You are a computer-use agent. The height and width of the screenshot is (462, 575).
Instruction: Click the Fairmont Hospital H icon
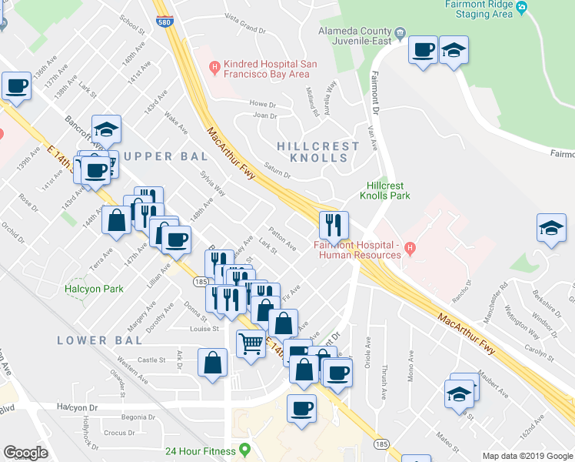tap(410, 248)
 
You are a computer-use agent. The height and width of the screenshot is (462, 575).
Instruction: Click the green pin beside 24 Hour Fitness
tap(245, 449)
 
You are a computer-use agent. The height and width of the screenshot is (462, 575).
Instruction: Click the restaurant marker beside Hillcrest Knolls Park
tap(334, 224)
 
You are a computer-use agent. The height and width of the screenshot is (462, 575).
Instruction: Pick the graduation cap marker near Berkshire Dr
tap(550, 228)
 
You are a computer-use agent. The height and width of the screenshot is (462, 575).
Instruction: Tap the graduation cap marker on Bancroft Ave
tap(107, 129)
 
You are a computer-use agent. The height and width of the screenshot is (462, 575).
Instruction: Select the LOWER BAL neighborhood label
tap(99, 340)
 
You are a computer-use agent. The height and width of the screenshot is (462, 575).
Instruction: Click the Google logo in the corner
tap(25, 453)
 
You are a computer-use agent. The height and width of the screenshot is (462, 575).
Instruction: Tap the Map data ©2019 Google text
tap(527, 456)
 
